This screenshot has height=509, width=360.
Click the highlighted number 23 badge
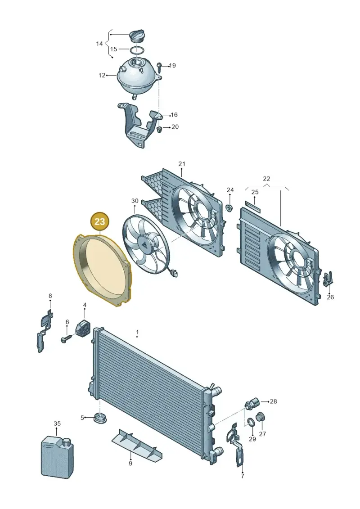[99, 221]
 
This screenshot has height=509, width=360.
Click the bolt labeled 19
[160, 67]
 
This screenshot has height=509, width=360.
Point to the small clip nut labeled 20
[159, 130]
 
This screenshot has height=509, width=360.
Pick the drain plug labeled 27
[261, 417]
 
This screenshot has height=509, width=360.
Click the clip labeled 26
[328, 279]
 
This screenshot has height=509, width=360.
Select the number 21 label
[181, 164]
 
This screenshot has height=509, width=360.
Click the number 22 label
[266, 179]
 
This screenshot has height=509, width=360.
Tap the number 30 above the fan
[135, 201]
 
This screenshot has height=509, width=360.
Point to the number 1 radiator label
[137, 333]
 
